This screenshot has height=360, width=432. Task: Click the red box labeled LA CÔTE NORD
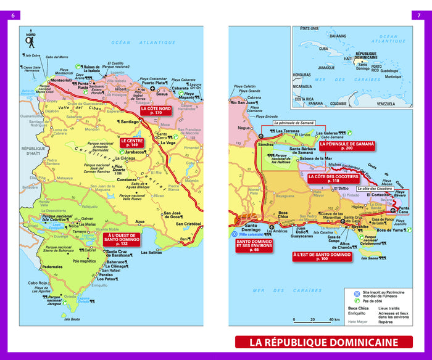click(154, 111)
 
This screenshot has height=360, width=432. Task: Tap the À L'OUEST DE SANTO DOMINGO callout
click(123, 239)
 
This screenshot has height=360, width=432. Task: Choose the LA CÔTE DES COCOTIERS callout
click(333, 178)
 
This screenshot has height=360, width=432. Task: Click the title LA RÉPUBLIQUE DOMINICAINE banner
click(323, 342)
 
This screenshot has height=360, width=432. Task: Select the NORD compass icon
click(30, 41)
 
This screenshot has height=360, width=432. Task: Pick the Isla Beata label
click(72, 319)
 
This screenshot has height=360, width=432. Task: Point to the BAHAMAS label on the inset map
click(338, 36)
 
